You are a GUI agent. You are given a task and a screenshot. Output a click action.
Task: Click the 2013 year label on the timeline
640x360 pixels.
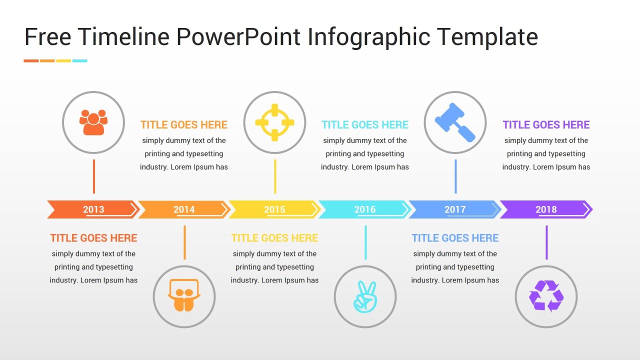(93, 209)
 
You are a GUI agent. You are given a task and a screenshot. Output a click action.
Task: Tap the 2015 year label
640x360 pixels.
(274, 209)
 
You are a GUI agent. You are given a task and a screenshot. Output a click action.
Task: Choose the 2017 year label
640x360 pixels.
(455, 209)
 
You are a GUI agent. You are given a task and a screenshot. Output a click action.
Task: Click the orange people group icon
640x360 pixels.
(93, 122)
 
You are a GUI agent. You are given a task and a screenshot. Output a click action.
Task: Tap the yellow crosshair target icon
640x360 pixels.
(274, 122)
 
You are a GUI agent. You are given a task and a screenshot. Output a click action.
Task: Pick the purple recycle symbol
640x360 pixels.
(546, 296)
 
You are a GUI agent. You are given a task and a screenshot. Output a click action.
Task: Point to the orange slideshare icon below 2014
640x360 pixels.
(184, 296)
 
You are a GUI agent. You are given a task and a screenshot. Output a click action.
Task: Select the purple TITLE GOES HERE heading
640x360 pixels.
(546, 125)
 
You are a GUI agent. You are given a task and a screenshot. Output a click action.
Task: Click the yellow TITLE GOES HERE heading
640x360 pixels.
(274, 238)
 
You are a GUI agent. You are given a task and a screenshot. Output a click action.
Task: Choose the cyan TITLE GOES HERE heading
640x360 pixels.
(365, 125)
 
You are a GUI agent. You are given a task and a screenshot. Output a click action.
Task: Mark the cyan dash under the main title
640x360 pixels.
(80, 61)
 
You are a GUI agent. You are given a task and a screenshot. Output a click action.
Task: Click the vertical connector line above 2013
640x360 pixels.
(93, 176)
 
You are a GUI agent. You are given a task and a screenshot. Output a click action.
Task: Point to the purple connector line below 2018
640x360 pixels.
(546, 242)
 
